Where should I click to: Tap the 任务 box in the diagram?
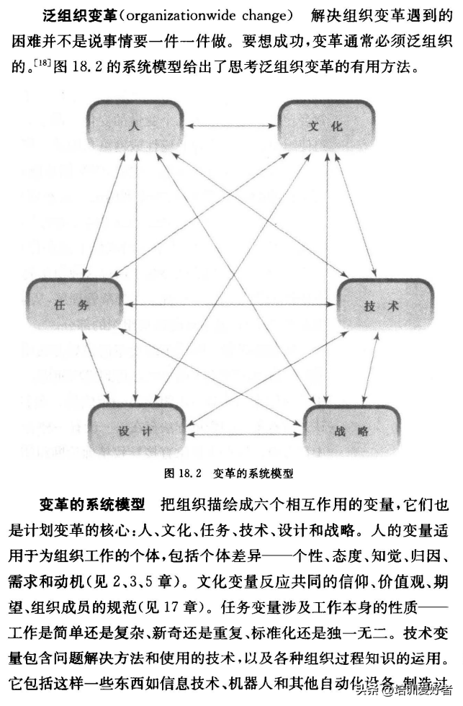72,305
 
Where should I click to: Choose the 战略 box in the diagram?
351,431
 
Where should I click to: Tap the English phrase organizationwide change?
200,15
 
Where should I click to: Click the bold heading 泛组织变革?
71,15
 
